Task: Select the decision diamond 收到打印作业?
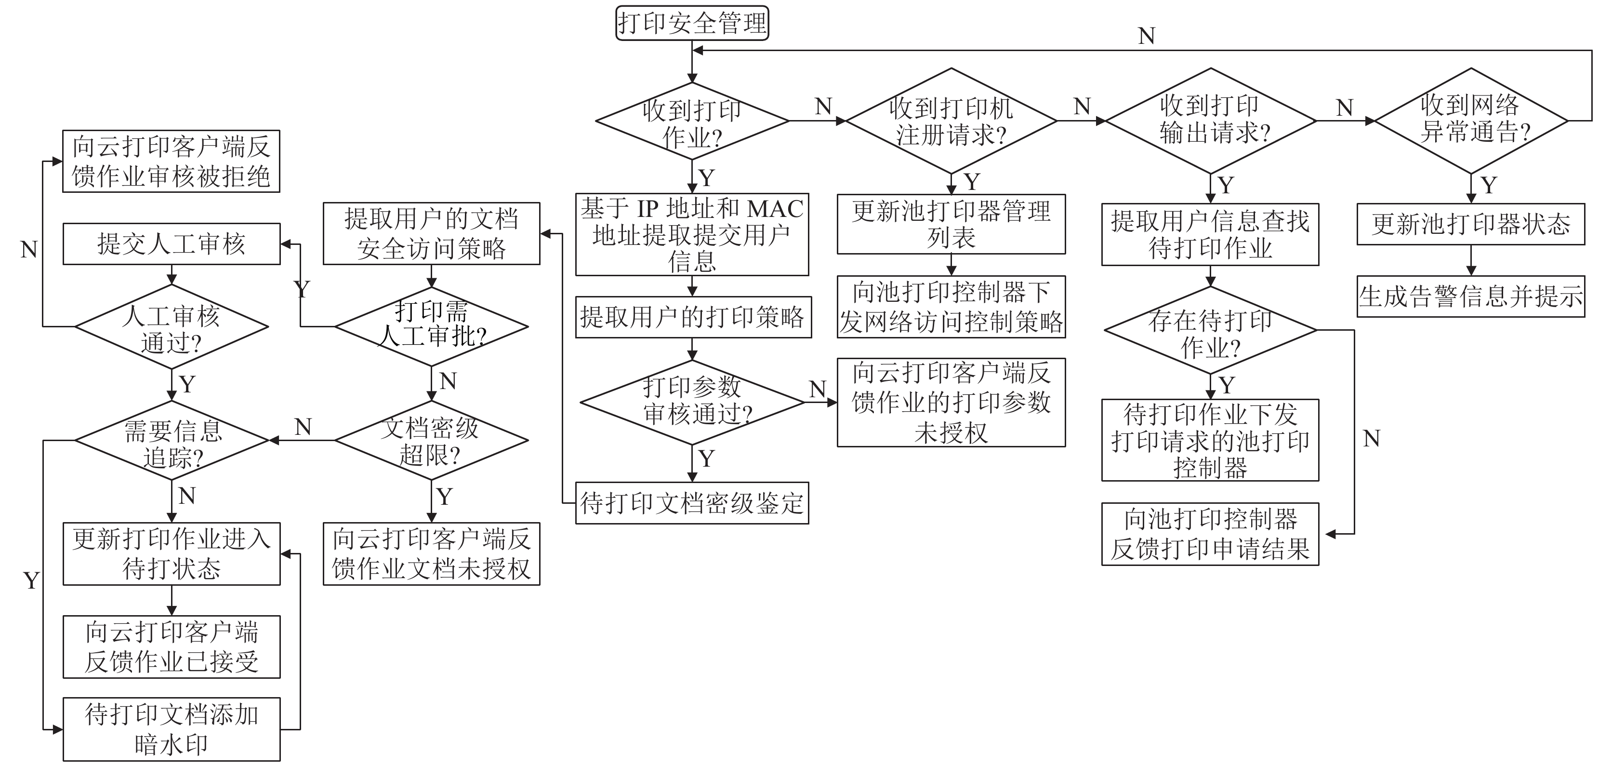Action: click(x=692, y=121)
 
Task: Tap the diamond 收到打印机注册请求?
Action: click(x=951, y=121)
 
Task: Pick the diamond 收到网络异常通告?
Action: click(x=1470, y=121)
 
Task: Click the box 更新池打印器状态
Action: click(x=1470, y=224)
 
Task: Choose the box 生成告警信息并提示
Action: click(x=1470, y=296)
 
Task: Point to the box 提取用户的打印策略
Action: click(x=693, y=317)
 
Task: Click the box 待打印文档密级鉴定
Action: click(x=692, y=503)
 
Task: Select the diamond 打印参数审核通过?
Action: click(x=692, y=402)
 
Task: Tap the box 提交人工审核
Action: click(x=172, y=243)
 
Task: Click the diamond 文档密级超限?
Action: click(x=431, y=440)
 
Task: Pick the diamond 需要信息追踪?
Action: click(x=172, y=440)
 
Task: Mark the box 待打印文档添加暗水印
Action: click(x=172, y=729)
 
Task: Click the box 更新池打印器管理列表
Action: click(x=951, y=224)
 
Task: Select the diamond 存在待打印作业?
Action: click(x=1210, y=330)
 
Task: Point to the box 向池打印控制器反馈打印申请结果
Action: click(x=1210, y=534)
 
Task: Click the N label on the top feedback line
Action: click(x=1147, y=36)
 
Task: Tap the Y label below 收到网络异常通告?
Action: click(x=1489, y=185)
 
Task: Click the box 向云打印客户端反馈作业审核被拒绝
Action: click(x=171, y=161)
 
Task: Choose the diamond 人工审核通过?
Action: click(x=172, y=327)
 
